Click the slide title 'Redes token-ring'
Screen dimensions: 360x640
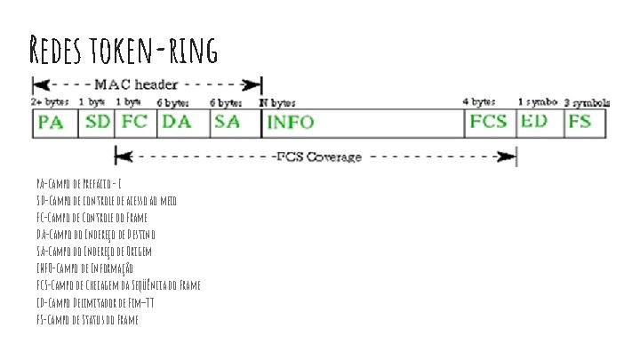[124, 50]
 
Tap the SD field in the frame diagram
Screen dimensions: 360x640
[98, 123]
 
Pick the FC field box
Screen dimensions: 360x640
[135, 123]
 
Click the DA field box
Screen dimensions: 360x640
[182, 123]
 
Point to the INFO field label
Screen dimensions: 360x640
[290, 123]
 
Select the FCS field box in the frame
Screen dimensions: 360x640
[490, 123]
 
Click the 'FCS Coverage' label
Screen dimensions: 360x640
[316, 157]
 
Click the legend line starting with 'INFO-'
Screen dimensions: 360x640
[85, 268]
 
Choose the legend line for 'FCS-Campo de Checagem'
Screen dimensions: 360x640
[118, 284]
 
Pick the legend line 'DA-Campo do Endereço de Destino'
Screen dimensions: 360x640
[96, 234]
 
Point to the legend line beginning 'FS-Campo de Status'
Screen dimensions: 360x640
[87, 318]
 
